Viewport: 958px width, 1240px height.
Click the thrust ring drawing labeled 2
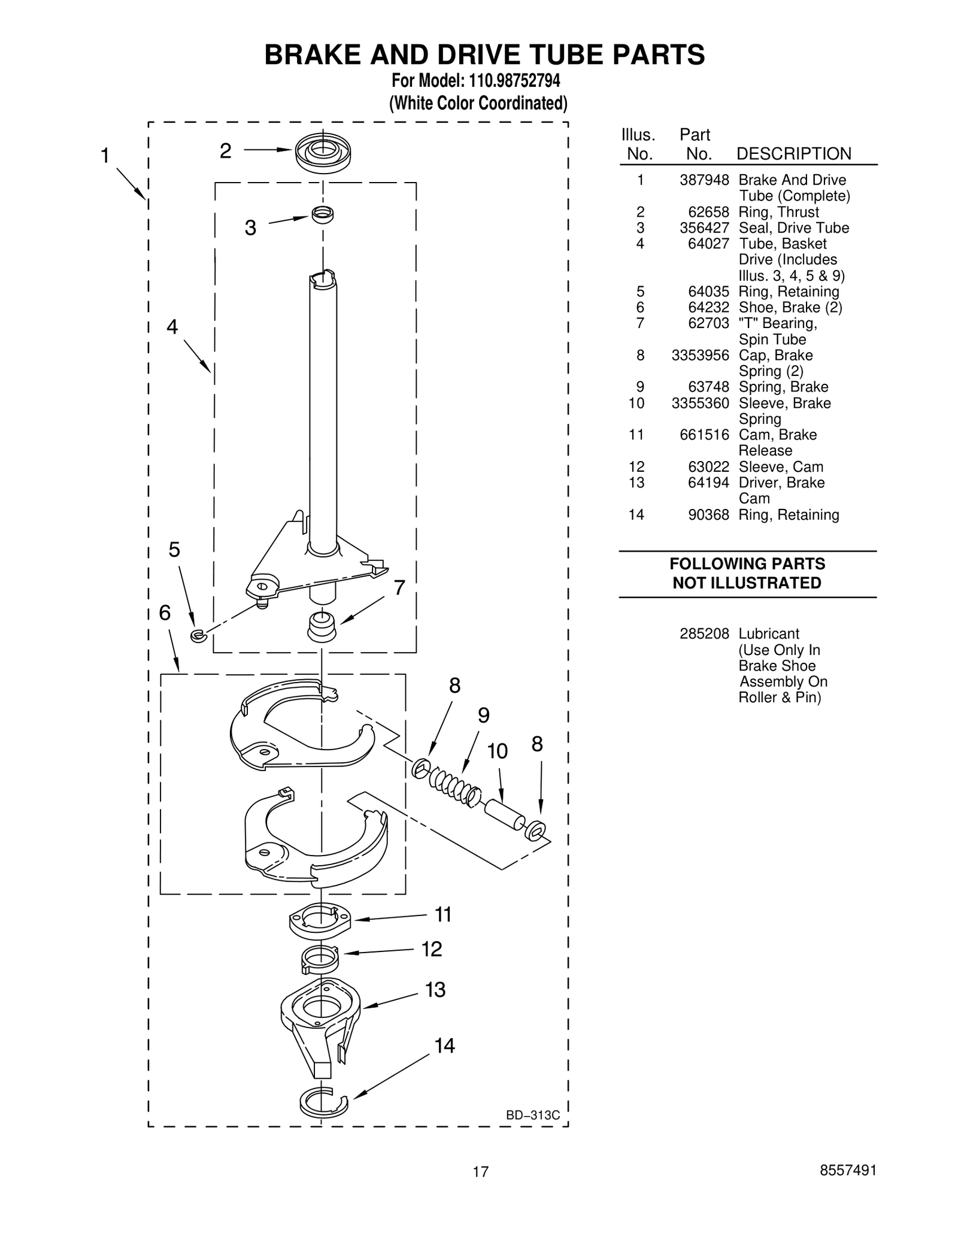pos(322,153)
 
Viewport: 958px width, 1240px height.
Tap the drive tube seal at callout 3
pos(322,214)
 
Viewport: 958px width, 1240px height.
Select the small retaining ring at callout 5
pos(198,636)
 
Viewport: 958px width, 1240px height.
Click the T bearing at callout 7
pos(322,627)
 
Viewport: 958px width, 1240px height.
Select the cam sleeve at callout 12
pos(320,959)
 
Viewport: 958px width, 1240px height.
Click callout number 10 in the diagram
pos(497,751)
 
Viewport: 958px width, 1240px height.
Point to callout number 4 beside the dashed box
pos(172,327)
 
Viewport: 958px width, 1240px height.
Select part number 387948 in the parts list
pos(704,180)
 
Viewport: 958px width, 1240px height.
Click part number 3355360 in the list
pos(700,403)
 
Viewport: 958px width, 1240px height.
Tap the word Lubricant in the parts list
pos(769,633)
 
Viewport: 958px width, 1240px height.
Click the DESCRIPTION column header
pos(793,154)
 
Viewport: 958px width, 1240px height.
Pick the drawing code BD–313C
pos(532,1115)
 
